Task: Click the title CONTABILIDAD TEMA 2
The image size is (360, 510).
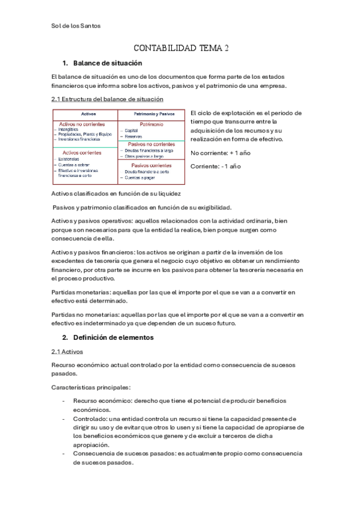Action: point(180,49)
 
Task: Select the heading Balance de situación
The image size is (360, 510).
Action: point(107,63)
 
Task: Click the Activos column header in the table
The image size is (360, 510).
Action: point(84,114)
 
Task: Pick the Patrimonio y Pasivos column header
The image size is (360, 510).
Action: point(150,114)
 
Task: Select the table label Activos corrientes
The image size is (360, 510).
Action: point(81,153)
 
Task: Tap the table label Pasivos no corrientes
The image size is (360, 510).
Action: point(150,144)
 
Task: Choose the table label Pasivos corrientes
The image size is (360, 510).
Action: point(150,164)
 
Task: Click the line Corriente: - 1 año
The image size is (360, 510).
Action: point(215,166)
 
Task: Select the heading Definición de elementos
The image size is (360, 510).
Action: point(112,338)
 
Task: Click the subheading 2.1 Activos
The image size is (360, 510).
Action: point(67,352)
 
